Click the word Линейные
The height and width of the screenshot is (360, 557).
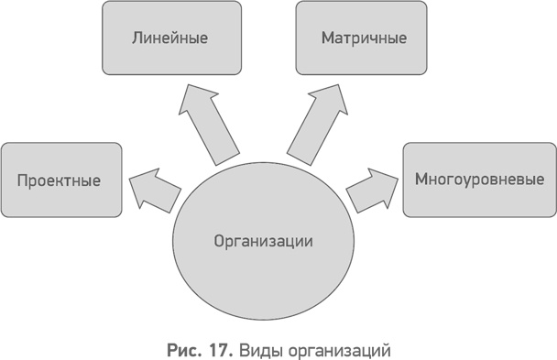[x=170, y=39]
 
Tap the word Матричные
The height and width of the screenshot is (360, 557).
[x=362, y=39]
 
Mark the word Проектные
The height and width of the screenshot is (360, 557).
[x=59, y=180]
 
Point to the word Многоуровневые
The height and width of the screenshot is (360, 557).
[x=480, y=180]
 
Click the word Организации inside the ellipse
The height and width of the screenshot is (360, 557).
[x=264, y=242]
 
